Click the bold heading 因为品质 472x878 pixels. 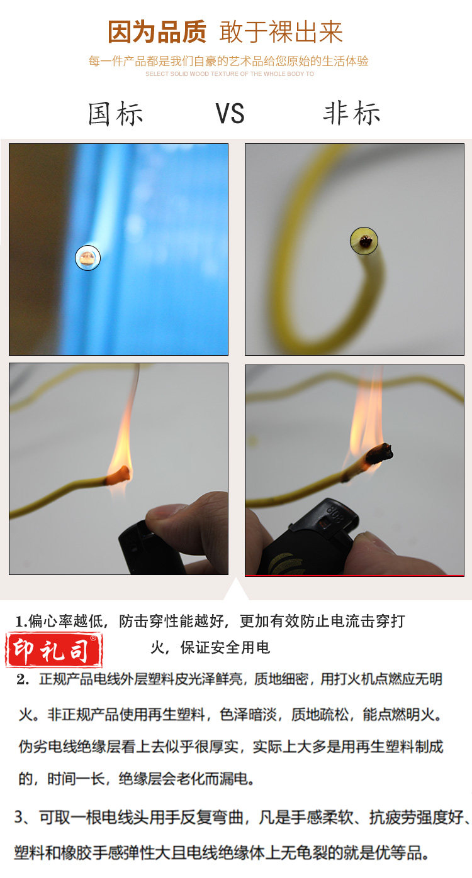tap(157, 32)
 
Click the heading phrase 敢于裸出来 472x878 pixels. tap(281, 32)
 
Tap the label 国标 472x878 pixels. tap(115, 114)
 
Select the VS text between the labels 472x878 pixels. tap(230, 114)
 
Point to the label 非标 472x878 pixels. tap(352, 113)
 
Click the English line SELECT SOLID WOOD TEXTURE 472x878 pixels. tap(230, 74)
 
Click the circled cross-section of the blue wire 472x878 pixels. tap(87, 258)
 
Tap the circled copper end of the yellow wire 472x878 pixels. tap(364, 241)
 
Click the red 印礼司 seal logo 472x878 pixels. tap(53, 650)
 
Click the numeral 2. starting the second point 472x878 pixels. tap(23, 679)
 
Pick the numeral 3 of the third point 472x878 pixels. tap(19, 818)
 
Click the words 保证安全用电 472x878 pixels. tap(225, 647)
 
